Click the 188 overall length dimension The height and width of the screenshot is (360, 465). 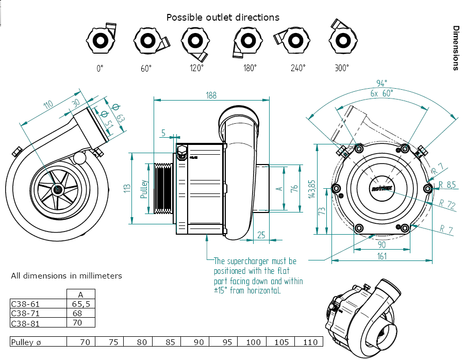point(211,95)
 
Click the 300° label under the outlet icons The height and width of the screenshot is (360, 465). point(341,68)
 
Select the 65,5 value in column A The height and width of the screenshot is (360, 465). point(81,304)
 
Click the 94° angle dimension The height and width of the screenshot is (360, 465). point(381,84)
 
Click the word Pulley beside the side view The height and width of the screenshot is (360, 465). point(144,190)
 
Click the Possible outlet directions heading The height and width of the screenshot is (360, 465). point(223,18)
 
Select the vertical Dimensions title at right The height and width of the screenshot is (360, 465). point(456,47)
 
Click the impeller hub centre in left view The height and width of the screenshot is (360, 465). point(57,189)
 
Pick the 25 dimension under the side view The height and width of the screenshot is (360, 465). point(261,235)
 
